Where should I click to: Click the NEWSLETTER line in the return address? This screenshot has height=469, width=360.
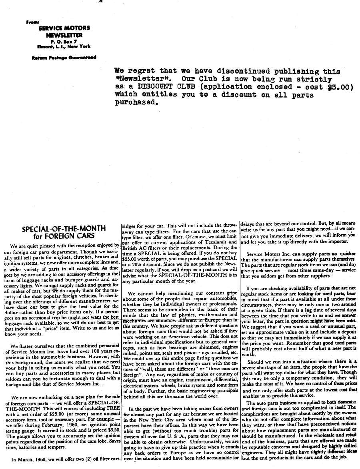[64, 35]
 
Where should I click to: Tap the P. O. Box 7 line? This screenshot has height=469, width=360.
[64, 41]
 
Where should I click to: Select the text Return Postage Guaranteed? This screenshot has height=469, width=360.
[64, 57]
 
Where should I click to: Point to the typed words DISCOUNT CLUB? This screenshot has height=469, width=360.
[158, 87]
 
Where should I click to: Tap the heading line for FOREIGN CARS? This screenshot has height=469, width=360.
[64, 236]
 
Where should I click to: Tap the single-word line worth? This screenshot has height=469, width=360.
[249, 354]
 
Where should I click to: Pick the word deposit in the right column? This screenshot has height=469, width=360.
[347, 331]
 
